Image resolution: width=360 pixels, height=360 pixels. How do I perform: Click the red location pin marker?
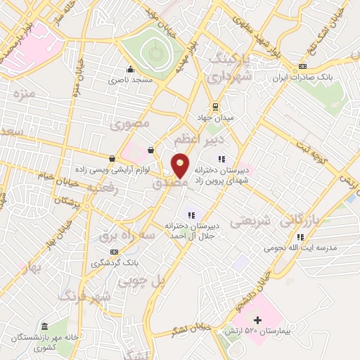[x=181, y=166]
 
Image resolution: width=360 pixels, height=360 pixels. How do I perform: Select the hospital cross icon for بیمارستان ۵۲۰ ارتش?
[x=257, y=320]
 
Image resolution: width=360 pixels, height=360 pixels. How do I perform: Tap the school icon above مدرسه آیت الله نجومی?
[x=300, y=237]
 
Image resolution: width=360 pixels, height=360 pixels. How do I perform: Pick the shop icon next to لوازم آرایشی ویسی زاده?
[x=112, y=159]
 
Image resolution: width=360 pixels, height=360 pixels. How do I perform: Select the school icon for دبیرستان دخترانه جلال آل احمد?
[x=191, y=215]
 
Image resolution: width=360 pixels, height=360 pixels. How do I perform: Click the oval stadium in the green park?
[x=155, y=52]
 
